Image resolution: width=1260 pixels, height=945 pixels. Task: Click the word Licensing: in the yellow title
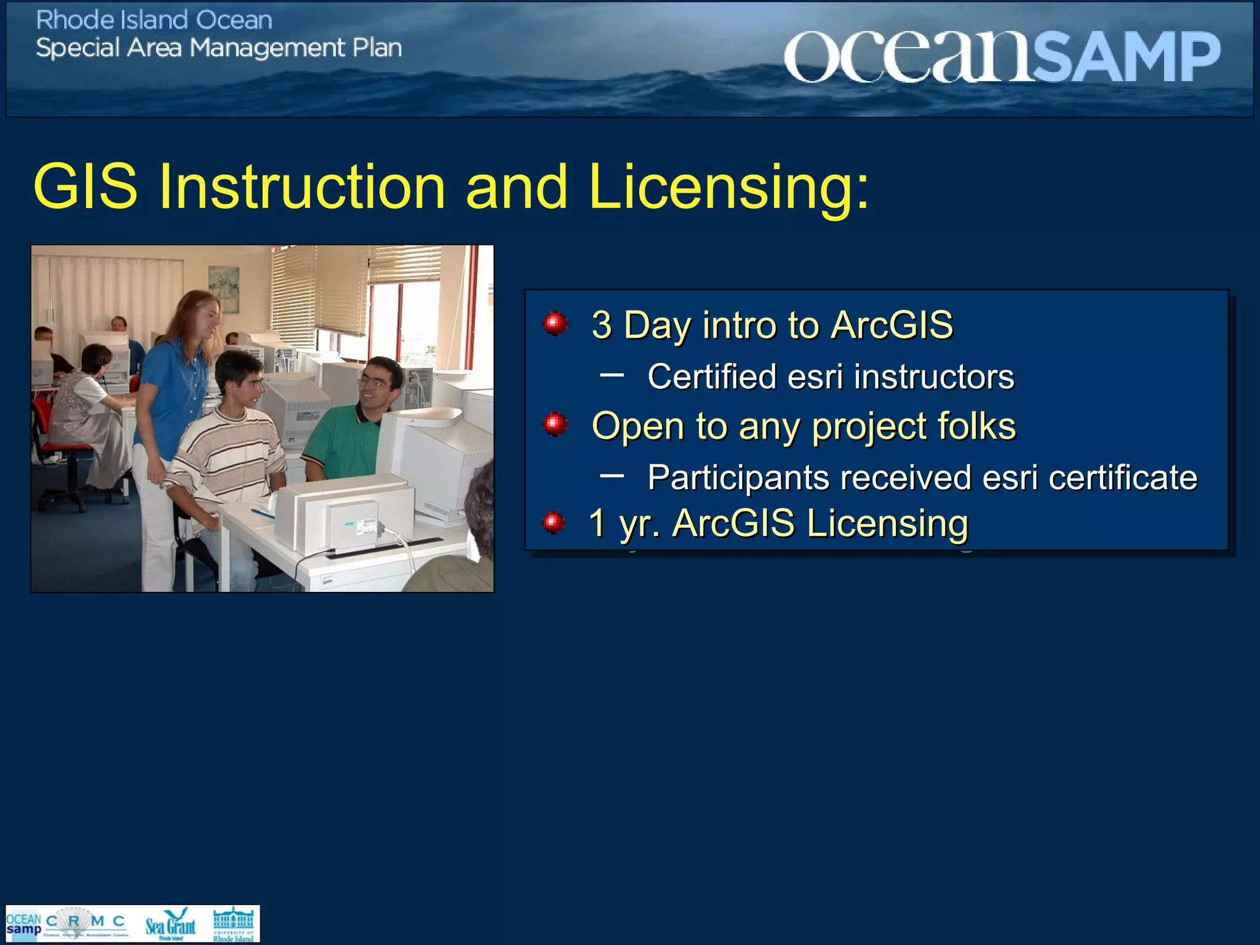point(728,186)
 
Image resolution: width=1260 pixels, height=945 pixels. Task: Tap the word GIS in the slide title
point(86,186)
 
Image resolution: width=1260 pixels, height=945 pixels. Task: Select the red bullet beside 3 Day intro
point(555,322)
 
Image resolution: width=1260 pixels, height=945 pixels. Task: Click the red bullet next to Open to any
point(555,424)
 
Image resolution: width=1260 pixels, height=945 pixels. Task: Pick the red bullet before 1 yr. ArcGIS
point(553,523)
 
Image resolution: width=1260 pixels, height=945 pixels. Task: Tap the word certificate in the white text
point(1122,477)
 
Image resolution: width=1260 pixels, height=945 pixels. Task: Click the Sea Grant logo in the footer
point(170,924)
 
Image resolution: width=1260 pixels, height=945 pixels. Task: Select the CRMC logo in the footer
point(86,923)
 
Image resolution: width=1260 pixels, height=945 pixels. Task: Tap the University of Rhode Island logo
point(233,924)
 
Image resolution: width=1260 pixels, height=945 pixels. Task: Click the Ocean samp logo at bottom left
point(23,924)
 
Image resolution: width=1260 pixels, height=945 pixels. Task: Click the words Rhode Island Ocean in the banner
point(154,20)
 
